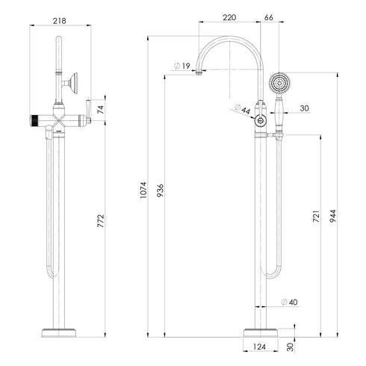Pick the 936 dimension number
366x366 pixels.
(158, 193)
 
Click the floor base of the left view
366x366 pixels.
(58, 332)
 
